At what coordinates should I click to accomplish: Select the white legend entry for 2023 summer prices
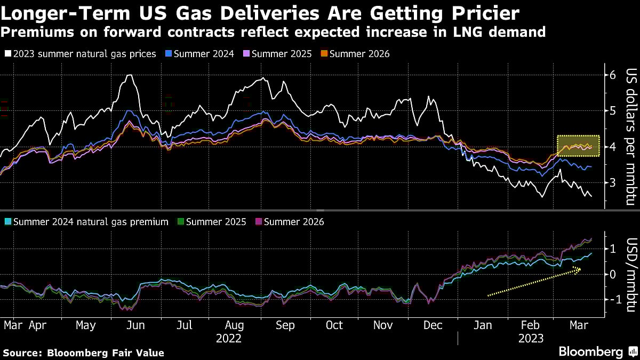click(x=80, y=54)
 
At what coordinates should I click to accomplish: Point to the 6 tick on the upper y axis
click(x=613, y=75)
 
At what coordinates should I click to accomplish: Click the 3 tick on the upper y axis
click(x=613, y=182)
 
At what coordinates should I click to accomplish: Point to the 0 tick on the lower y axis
click(x=613, y=274)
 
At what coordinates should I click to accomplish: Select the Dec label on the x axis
click(x=433, y=325)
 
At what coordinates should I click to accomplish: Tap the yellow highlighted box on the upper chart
click(x=578, y=146)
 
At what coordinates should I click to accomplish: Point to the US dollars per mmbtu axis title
click(x=631, y=137)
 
